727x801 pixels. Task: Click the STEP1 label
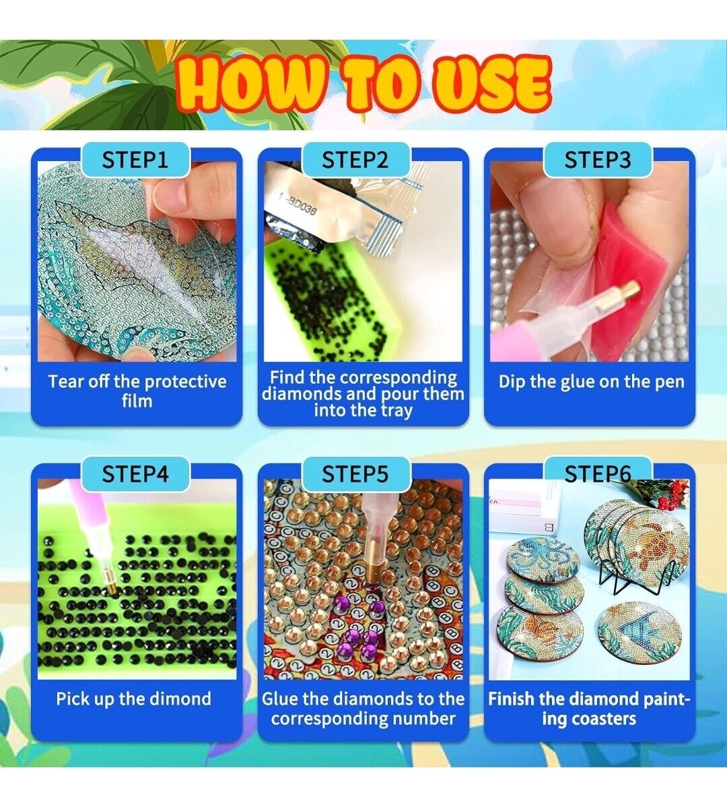point(135,160)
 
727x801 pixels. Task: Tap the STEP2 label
point(355,160)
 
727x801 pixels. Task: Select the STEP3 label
point(597,160)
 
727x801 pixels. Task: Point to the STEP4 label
point(135,474)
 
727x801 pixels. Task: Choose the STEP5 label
point(355,474)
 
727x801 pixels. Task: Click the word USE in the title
point(491,84)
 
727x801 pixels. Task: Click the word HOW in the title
point(250,84)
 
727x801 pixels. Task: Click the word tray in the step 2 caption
point(395,411)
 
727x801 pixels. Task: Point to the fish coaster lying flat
point(637,633)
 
